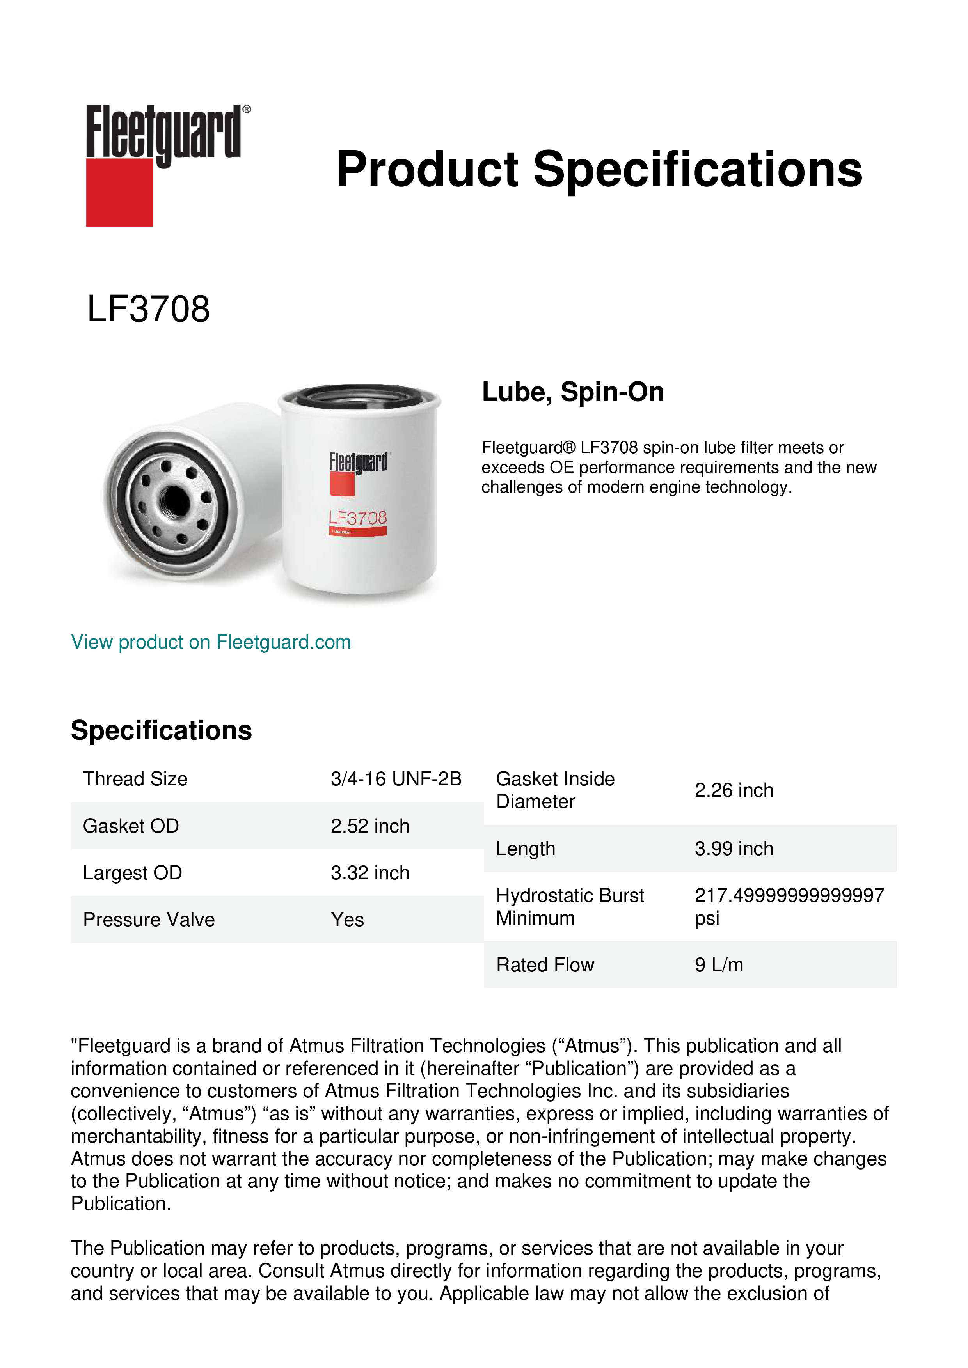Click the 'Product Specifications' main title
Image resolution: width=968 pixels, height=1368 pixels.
click(599, 169)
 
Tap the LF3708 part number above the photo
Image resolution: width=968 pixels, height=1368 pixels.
click(148, 309)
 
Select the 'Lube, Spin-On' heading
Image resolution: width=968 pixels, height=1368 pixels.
click(572, 392)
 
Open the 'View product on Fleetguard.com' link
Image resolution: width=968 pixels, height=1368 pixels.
click(210, 642)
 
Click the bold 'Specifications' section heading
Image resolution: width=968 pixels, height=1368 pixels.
click(161, 730)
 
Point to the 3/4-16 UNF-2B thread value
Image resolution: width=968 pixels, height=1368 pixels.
click(396, 779)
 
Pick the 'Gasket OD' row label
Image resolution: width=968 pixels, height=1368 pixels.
click(131, 826)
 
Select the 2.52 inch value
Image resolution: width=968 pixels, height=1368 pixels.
click(369, 826)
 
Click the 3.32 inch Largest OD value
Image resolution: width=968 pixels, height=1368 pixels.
click(369, 873)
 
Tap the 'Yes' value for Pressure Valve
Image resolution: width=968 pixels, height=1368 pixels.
click(347, 920)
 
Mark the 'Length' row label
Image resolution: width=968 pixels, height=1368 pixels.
click(525, 849)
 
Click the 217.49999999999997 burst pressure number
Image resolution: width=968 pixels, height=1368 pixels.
click(789, 895)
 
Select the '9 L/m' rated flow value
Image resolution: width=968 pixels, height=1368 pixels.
click(718, 965)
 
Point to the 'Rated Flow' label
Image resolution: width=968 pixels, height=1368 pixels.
click(545, 965)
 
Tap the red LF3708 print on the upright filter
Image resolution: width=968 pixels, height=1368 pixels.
click(358, 518)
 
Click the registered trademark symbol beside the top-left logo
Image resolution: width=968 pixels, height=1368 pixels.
click(247, 110)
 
